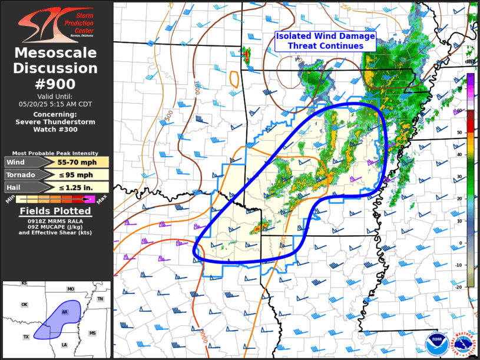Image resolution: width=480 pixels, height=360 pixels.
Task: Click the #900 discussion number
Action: click(56, 83)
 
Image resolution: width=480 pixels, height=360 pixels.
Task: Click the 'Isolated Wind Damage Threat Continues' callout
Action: click(326, 41)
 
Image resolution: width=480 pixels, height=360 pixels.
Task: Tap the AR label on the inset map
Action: click(65, 311)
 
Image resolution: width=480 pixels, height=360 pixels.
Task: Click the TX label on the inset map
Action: click(26, 336)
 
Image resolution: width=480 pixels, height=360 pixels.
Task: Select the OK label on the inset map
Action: click(25, 305)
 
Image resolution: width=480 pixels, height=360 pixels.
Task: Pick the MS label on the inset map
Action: click(92, 333)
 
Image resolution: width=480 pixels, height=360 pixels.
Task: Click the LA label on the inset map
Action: click(64, 345)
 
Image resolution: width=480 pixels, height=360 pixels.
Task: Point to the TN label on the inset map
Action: click(100, 299)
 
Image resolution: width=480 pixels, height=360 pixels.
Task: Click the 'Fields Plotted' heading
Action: click(56, 211)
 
